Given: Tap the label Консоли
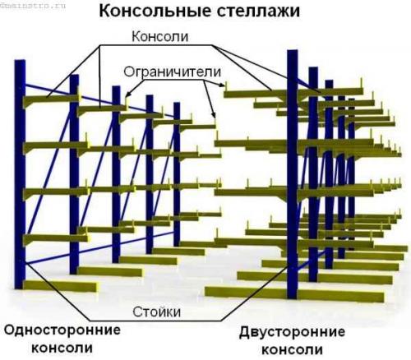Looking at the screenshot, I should click(x=160, y=38).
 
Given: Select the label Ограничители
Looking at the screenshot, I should click(x=173, y=71).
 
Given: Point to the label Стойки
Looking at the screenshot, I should click(x=157, y=312).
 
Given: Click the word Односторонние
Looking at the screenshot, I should click(x=62, y=330).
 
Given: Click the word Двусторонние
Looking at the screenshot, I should click(x=291, y=333).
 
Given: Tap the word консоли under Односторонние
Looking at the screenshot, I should click(x=62, y=348).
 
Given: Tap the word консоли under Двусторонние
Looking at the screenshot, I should click(x=291, y=349).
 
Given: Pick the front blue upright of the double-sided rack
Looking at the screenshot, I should click(x=292, y=181).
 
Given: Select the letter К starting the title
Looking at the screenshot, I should click(x=105, y=12).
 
